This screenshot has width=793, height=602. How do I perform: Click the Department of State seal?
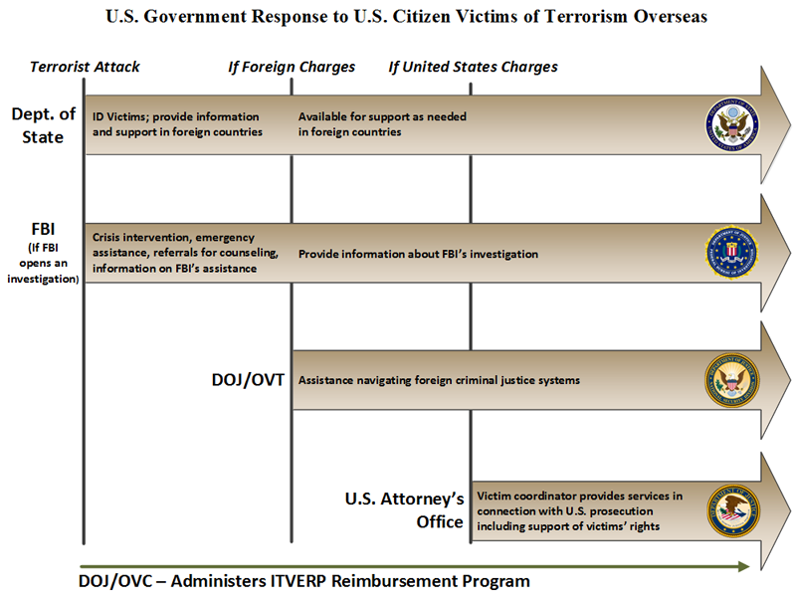(732, 124)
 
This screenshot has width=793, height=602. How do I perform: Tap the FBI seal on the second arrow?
(732, 253)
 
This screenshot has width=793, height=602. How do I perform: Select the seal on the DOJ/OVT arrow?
(732, 379)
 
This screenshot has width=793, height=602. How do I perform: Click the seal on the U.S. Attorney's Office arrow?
(732, 509)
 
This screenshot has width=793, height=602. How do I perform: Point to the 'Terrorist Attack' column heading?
(85, 67)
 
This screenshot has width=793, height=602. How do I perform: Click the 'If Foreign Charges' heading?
(292, 67)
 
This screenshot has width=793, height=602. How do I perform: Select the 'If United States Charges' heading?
(473, 67)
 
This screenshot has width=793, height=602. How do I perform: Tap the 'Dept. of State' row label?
(43, 124)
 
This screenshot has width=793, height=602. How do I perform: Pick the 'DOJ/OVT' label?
(246, 380)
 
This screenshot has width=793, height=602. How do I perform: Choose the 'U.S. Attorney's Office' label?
(404, 510)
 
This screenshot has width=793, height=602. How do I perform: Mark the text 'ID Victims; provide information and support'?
(177, 124)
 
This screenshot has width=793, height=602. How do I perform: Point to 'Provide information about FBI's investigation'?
(418, 254)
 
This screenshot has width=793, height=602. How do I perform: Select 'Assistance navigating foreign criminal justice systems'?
(439, 380)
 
